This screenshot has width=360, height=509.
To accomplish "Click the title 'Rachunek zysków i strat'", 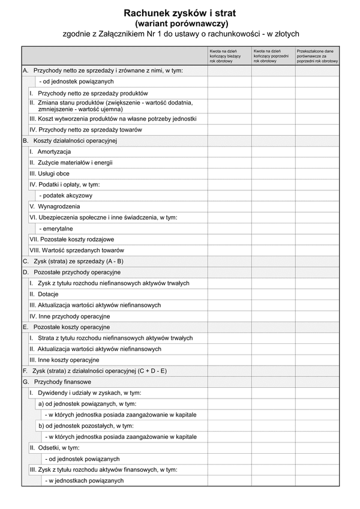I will [x=181, y=13].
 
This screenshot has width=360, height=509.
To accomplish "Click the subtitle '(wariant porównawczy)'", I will [x=181, y=23].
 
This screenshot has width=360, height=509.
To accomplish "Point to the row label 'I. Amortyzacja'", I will [x=50, y=151].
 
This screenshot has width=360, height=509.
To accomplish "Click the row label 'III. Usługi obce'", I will [x=50, y=173].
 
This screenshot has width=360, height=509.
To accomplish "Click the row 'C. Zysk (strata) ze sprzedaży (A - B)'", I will [x=73, y=261].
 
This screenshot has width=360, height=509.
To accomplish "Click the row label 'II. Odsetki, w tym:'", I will [x=55, y=448].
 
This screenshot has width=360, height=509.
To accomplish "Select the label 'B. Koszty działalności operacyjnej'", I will [x=70, y=140].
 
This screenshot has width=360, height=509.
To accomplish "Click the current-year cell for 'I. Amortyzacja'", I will [x=229, y=151].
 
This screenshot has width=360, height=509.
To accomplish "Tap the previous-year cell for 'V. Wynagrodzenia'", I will [x=273, y=206].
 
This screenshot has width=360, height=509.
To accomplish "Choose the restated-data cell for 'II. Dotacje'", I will [x=317, y=294].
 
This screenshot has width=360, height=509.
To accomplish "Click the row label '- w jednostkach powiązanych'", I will [x=85, y=481].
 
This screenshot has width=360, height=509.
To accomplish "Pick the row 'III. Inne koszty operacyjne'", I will [x=64, y=360].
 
